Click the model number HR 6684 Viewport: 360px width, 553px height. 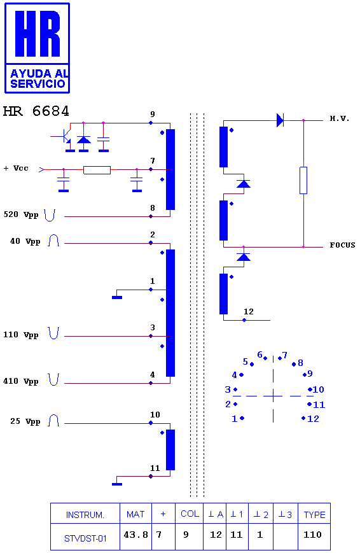36,111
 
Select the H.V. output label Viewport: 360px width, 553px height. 340,118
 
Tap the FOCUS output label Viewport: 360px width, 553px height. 342,245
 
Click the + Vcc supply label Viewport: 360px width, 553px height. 16,168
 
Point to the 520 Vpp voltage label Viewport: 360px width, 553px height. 21,215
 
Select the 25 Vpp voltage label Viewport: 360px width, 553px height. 25,421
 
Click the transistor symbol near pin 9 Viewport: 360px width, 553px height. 66,136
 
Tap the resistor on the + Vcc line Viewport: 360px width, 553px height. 97,170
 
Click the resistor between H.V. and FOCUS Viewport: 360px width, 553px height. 303,180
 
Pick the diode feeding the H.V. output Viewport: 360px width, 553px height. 280,120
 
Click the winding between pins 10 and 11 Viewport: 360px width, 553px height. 170,450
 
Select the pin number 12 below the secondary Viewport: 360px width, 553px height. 249,311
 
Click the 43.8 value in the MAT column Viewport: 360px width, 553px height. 135,535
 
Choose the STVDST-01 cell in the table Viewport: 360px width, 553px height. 85,538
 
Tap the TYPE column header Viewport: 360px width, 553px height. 314,515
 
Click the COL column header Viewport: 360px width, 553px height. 190,514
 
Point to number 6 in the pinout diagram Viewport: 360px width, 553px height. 260,354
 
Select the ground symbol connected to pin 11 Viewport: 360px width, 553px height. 117,484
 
